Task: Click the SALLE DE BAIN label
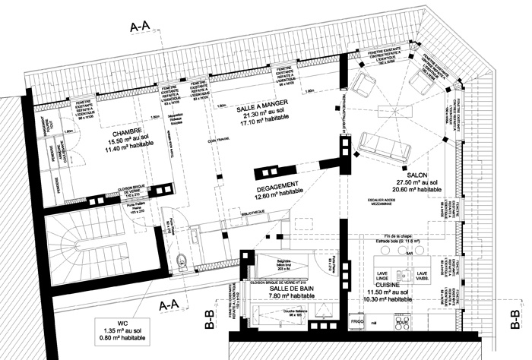(x=280, y=289)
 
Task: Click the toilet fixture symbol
(x=179, y=261)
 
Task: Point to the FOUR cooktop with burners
(x=402, y=322)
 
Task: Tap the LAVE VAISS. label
(x=423, y=275)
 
